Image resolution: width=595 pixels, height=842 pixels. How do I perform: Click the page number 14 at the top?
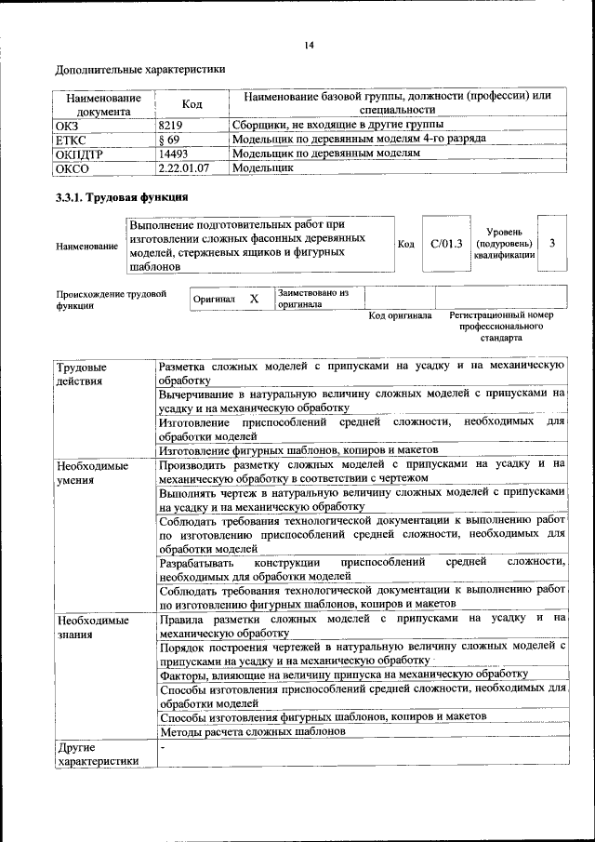pos(310,46)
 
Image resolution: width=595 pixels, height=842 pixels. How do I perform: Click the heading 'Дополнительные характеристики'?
pos(140,70)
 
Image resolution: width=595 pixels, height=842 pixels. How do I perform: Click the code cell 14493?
pos(174,154)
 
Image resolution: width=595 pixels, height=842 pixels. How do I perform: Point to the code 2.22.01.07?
pos(184,169)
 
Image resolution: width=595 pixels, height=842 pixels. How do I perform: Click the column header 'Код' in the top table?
pos(192,104)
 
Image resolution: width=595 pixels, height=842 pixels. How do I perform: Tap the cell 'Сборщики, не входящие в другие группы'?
pos(337,125)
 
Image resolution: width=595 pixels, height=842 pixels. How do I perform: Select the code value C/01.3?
pos(446,244)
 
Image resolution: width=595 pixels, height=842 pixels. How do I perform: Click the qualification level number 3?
pos(552,244)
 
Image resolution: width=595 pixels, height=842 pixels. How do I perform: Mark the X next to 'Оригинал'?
pos(253,299)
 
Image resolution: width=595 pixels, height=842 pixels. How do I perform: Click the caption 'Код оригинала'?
pos(400,316)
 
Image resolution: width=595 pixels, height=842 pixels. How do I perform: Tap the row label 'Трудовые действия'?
pos(81,374)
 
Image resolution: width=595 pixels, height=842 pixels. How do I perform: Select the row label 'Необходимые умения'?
pos(91,471)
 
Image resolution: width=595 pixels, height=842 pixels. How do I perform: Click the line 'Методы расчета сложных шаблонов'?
pos(252,732)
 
